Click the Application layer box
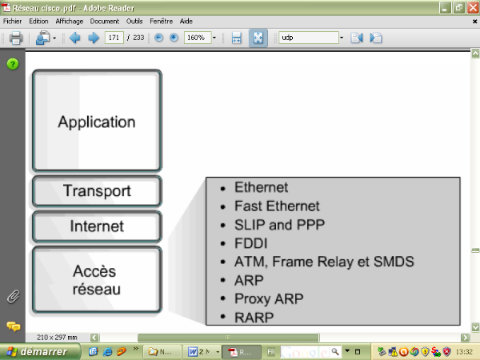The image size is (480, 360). pyautogui.click(x=97, y=122)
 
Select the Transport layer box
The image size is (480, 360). pyautogui.click(x=97, y=192)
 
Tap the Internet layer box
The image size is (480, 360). pyautogui.click(x=97, y=226)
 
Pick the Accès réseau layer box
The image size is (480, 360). pyautogui.click(x=97, y=279)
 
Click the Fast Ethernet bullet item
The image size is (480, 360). pyautogui.click(x=277, y=206)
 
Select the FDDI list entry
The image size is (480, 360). pyautogui.click(x=250, y=242)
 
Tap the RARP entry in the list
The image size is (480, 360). pyautogui.click(x=254, y=317)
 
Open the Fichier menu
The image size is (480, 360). pyautogui.click(x=13, y=21)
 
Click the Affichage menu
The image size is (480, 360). pyautogui.click(x=69, y=21)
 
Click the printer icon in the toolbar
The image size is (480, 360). pyautogui.click(x=15, y=38)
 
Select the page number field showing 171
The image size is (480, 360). pyautogui.click(x=114, y=38)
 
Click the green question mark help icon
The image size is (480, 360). pyautogui.click(x=13, y=64)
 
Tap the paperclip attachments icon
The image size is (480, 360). pyautogui.click(x=13, y=297)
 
